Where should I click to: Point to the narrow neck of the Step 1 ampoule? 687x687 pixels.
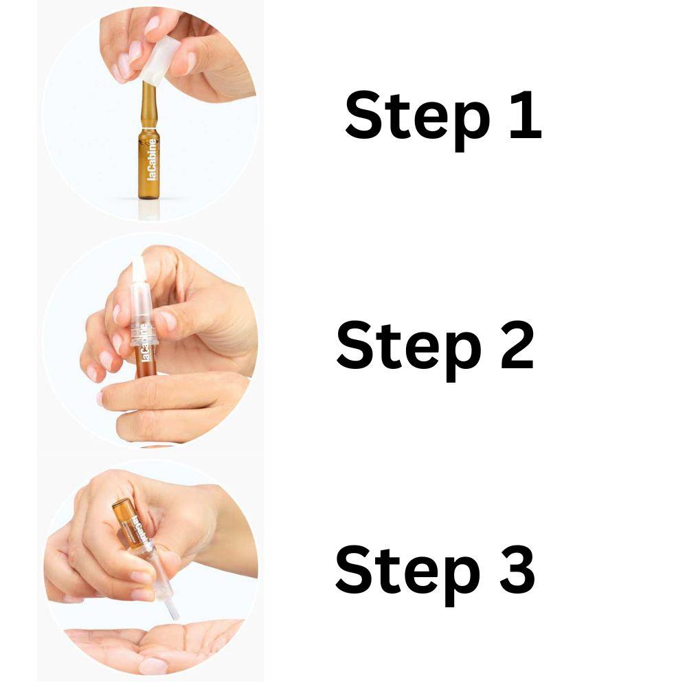(147, 103)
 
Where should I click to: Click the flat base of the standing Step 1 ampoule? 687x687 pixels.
(148, 197)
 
